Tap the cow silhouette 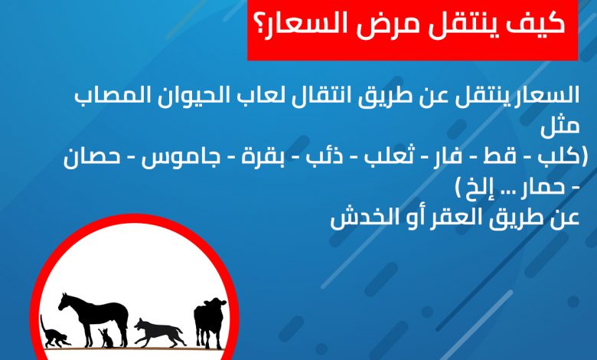point(210,322)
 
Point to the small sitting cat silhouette point(106,339)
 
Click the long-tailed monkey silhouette point(54,333)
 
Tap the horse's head point(66,301)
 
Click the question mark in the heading point(263,24)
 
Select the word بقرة point(263,157)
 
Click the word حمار point(542,187)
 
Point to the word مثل point(560,126)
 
